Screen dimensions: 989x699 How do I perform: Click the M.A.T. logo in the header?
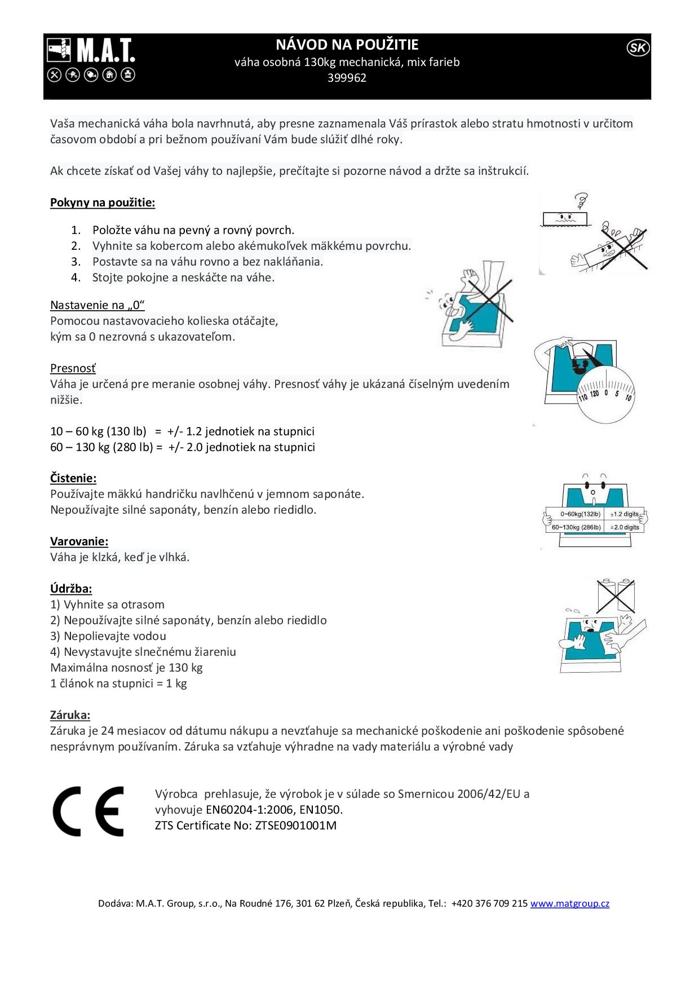91,59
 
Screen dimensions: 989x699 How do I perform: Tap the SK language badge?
638,48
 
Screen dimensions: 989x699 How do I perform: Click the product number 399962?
347,78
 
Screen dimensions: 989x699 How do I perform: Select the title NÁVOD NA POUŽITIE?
347,45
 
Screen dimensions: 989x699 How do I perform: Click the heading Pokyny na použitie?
103,202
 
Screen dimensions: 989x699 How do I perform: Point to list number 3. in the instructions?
76,262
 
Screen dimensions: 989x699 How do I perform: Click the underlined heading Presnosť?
73,368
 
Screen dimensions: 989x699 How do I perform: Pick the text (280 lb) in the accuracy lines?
130,447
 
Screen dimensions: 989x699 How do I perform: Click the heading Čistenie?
73,478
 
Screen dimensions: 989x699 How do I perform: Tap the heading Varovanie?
79,541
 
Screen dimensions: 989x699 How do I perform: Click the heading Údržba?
71,589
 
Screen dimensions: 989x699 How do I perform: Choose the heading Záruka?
70,715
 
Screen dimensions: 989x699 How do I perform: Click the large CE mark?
89,811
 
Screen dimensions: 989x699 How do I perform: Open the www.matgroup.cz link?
569,903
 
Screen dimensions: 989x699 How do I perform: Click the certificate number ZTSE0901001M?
295,825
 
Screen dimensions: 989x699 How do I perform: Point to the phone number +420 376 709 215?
489,903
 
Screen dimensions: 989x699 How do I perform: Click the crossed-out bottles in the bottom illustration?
616,595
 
